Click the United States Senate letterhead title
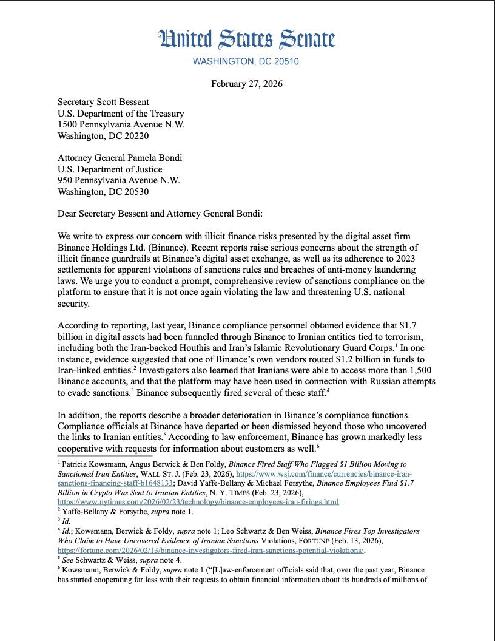click(x=247, y=39)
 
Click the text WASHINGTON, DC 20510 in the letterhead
click(x=246, y=61)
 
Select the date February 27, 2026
click(x=247, y=84)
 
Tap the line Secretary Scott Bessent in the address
click(x=104, y=102)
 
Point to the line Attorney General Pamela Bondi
click(x=120, y=158)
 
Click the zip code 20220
click(x=134, y=136)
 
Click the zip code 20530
click(x=134, y=192)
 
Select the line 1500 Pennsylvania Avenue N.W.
click(x=121, y=124)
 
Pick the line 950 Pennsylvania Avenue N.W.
click(x=119, y=180)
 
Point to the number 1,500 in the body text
click(x=422, y=370)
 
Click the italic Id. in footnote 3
click(x=66, y=521)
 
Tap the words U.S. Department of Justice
click(x=110, y=169)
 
